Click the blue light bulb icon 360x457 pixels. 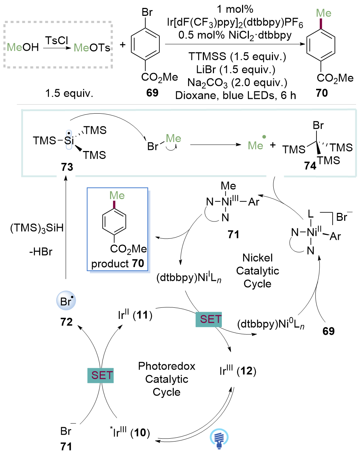(x=219, y=439)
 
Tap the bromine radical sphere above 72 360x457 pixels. (x=66, y=301)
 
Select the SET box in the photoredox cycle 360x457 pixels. (x=100, y=375)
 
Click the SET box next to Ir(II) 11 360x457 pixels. (x=209, y=319)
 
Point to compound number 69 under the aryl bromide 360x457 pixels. (x=152, y=93)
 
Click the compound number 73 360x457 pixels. (x=67, y=167)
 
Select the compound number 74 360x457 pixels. (x=310, y=165)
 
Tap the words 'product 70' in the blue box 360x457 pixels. (x=118, y=264)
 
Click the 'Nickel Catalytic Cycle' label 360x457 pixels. (x=258, y=271)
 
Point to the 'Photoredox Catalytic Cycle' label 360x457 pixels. (x=167, y=379)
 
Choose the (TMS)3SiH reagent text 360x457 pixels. (x=37, y=228)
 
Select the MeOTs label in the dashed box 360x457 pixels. (x=92, y=48)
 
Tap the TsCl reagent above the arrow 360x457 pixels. (x=56, y=40)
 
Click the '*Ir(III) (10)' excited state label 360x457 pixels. (x=130, y=433)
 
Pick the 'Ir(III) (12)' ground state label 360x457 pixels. (x=238, y=371)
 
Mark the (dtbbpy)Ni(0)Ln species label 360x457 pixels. (x=271, y=324)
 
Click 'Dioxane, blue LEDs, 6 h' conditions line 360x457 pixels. (x=236, y=95)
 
